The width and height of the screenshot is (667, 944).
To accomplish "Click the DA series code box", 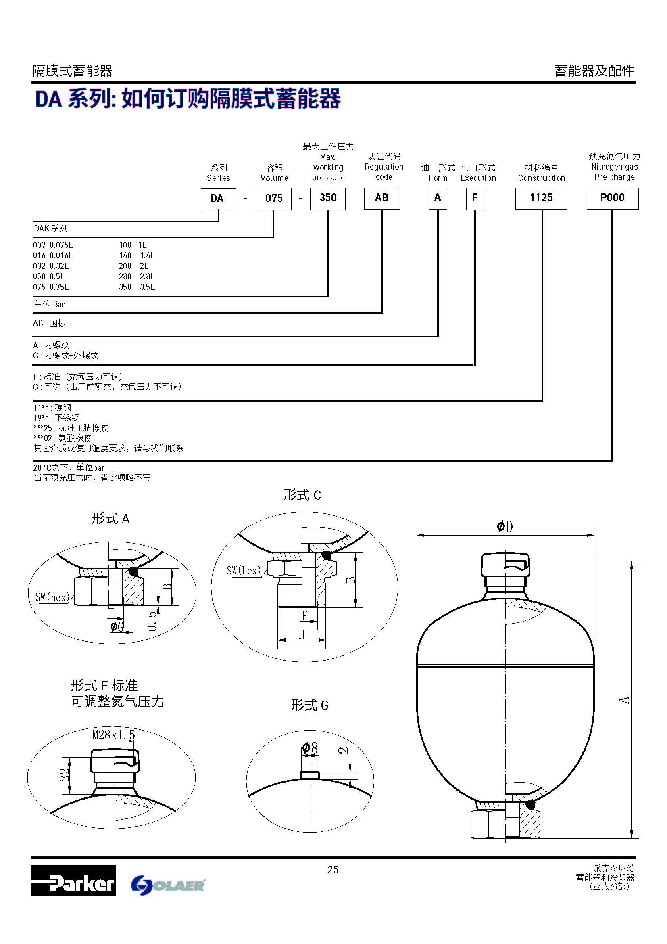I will coord(218,199).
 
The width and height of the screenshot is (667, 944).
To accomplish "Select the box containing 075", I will coord(273,199).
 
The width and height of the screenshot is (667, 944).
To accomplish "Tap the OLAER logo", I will coord(169,885).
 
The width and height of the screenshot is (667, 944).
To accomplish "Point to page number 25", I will coord(333,869).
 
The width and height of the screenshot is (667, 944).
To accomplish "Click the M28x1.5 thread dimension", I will coord(113,735).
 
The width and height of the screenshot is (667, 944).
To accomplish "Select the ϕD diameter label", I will coord(505,526).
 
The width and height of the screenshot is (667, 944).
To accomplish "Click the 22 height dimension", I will coord(65,775).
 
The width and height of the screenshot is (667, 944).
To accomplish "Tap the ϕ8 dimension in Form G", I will coord(310,748).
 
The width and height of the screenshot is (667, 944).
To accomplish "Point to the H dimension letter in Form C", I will coord(302,634).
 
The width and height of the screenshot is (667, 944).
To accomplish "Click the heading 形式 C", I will coord(302,495).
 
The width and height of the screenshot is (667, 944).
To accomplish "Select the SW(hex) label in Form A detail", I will coord(52,597).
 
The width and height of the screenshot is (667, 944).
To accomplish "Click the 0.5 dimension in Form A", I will coord(152,621).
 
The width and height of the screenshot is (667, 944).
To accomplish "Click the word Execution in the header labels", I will coord(477,178).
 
